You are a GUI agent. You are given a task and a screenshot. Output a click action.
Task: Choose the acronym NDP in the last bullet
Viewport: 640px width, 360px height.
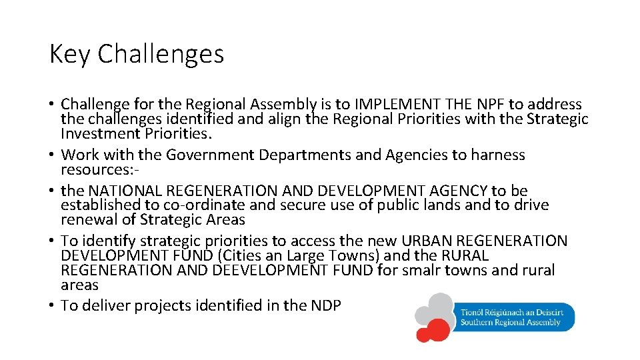(325, 306)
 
